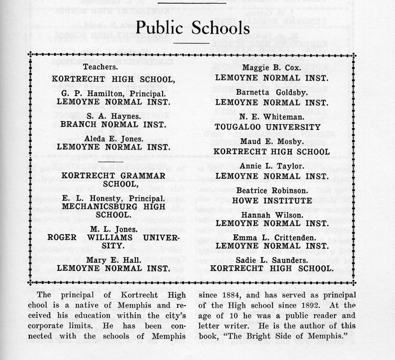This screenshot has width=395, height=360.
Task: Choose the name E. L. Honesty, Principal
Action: (114, 199)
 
